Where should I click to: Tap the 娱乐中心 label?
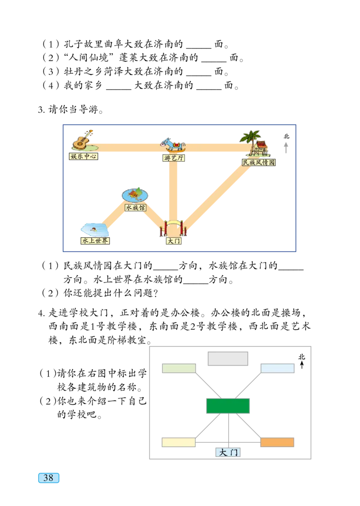(x=84, y=157)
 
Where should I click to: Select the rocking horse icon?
(x=173, y=145)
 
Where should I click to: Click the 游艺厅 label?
(x=174, y=158)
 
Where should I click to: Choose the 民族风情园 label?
(x=258, y=163)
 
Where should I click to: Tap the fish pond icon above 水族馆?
(x=135, y=194)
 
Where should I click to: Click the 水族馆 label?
(x=135, y=208)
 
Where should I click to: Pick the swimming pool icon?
(x=95, y=229)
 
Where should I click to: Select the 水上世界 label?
(x=95, y=241)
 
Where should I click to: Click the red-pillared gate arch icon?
(x=174, y=228)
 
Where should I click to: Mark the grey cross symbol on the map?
(x=286, y=147)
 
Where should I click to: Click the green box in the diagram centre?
(x=228, y=406)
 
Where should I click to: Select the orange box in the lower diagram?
(x=277, y=443)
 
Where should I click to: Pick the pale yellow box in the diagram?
(x=179, y=443)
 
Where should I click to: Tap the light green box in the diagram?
(x=179, y=368)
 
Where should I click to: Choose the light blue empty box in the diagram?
(x=277, y=368)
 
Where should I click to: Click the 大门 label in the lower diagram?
(x=228, y=452)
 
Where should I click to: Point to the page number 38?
(x=48, y=478)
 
